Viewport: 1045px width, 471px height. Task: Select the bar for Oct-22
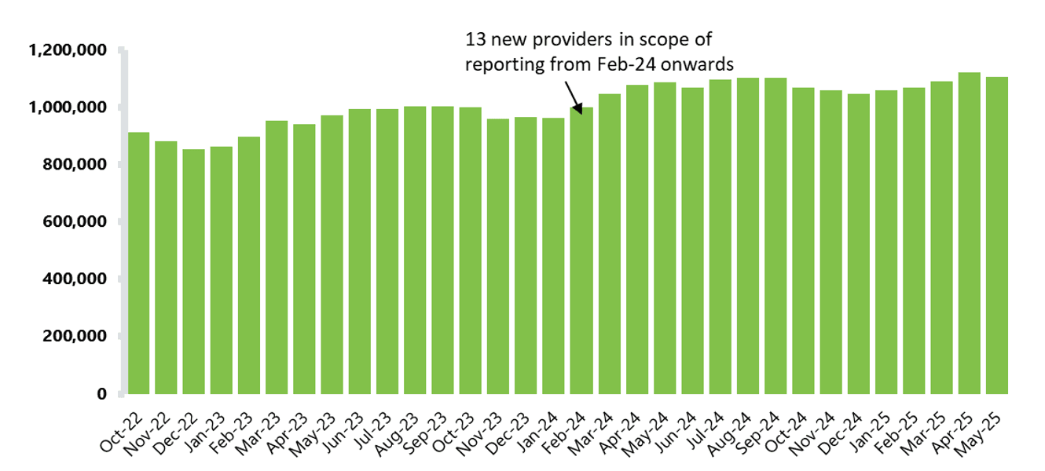(138, 263)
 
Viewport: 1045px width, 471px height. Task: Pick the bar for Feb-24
(581, 251)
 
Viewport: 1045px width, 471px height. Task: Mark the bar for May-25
(997, 235)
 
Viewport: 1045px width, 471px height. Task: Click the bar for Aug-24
(747, 235)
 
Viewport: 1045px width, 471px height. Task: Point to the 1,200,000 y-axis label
(68, 50)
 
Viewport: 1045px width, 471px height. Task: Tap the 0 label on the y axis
(101, 394)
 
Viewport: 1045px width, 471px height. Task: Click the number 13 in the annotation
(475, 39)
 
